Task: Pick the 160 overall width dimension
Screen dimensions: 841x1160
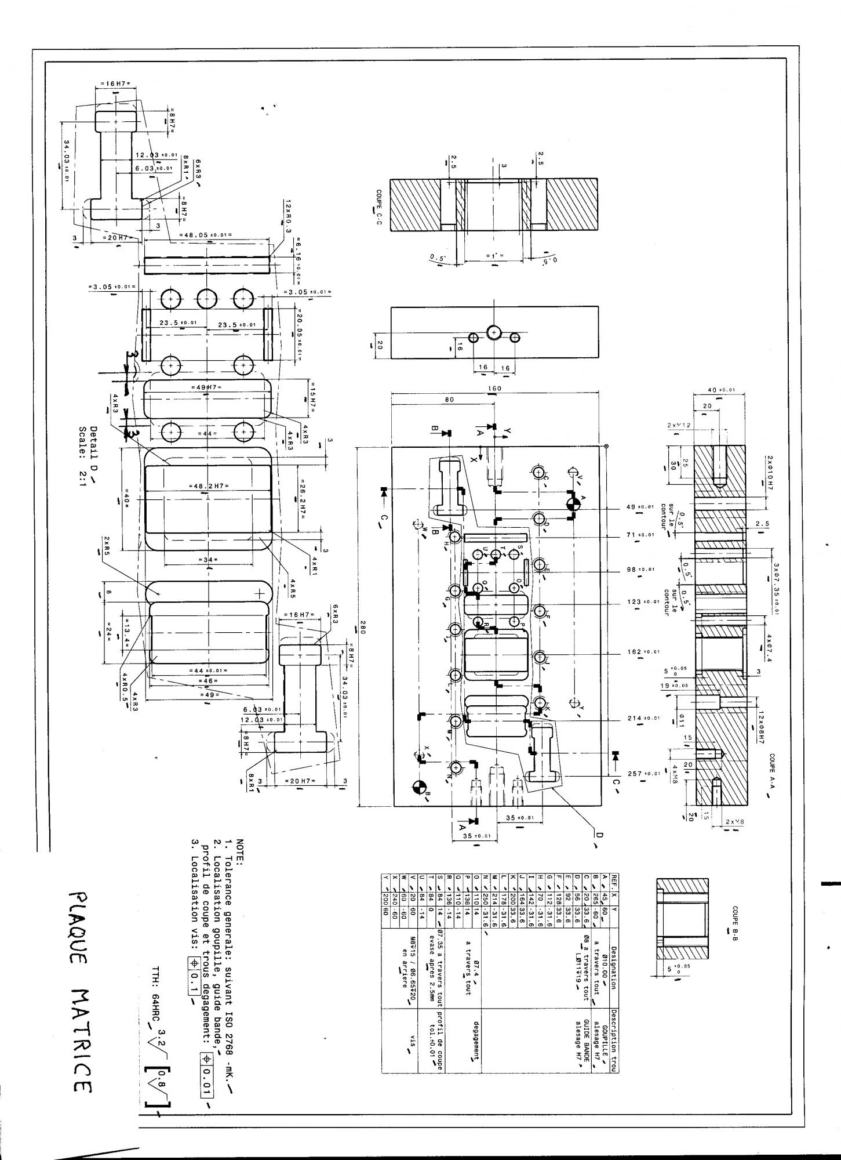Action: click(495, 388)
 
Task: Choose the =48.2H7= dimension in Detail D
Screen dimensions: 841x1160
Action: click(207, 485)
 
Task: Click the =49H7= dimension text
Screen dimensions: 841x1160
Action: click(206, 387)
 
